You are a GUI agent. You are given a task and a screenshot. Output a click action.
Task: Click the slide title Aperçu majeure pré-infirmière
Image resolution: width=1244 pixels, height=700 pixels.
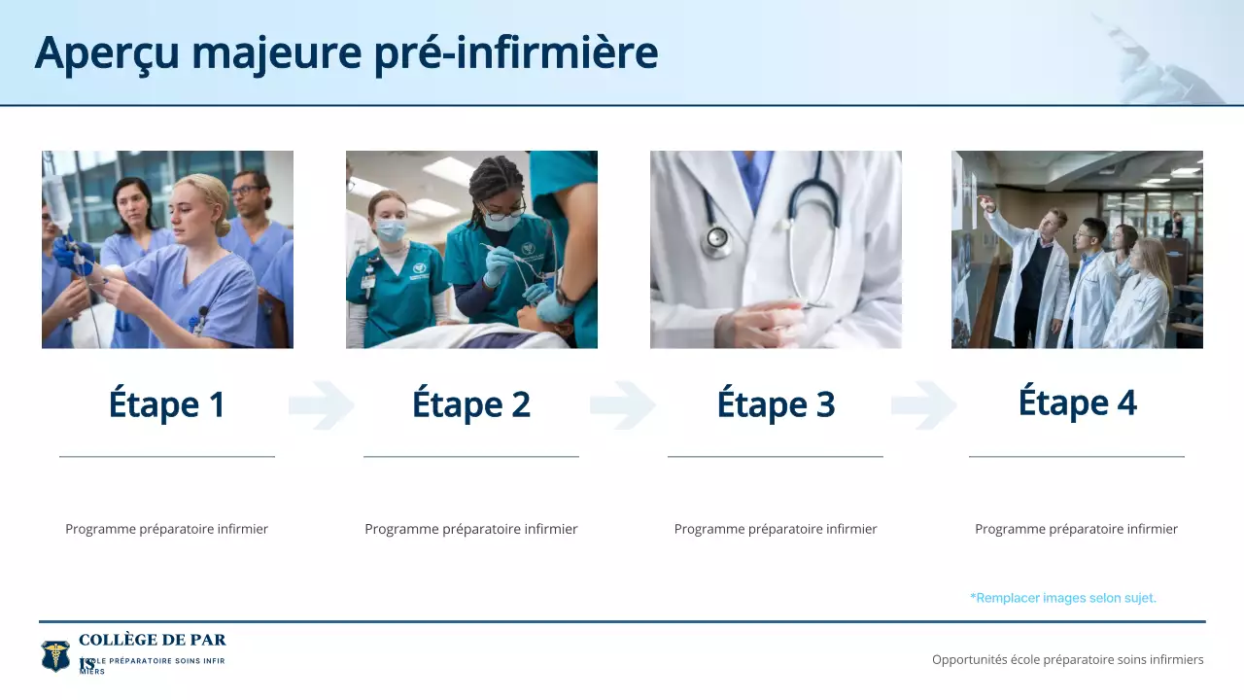tap(346, 52)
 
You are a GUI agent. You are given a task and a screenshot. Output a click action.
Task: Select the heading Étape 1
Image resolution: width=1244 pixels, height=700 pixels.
tap(167, 404)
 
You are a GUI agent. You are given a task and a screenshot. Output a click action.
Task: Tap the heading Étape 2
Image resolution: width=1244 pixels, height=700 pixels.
tap(471, 404)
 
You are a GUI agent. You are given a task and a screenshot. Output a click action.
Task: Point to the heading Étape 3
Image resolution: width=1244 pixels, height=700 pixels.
tap(776, 404)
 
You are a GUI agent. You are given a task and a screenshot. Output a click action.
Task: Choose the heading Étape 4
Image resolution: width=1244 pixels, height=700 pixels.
tap(1077, 402)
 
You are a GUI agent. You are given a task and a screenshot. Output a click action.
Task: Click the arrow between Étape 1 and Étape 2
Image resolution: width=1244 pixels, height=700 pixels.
tap(321, 405)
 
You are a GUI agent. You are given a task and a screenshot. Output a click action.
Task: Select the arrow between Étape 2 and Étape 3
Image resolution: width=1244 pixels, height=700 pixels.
tap(623, 405)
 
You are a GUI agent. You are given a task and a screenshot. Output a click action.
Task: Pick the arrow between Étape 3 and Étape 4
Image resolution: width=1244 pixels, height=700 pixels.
tap(924, 405)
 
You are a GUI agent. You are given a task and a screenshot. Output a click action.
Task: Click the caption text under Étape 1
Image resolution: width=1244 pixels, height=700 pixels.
tap(167, 529)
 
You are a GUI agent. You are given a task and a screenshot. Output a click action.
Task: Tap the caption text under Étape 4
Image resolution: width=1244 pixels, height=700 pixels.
tap(1076, 529)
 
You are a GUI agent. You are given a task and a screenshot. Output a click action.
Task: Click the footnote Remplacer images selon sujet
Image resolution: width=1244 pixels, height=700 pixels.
tap(1063, 598)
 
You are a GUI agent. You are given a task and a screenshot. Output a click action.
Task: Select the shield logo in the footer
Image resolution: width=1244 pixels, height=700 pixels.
tap(55, 656)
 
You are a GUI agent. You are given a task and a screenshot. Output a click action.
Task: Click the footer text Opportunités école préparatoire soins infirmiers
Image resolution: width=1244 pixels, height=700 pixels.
tap(1067, 659)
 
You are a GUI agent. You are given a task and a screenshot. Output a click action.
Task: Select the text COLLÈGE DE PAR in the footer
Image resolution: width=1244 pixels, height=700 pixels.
tap(153, 640)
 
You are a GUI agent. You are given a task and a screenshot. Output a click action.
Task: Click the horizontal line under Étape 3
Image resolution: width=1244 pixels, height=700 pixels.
tap(776, 456)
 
